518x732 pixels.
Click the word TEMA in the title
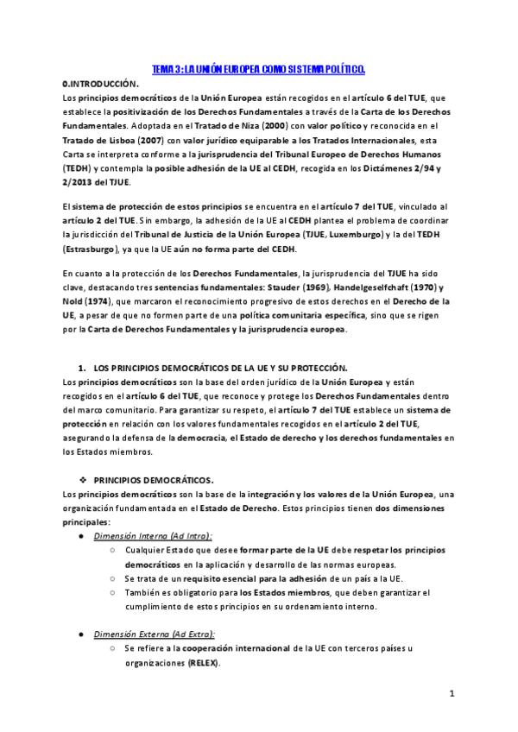click(x=163, y=68)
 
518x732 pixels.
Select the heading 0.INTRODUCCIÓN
click(x=101, y=84)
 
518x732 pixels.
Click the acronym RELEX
click(x=204, y=663)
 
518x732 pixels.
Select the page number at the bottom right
click(x=452, y=693)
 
